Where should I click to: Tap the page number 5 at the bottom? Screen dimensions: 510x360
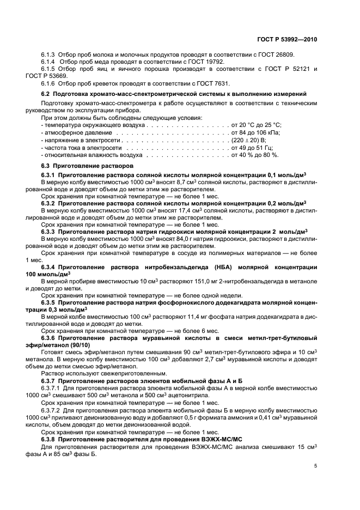pyautogui.click(x=316, y=466)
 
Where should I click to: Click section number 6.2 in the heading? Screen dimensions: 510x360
pyautogui.click(x=46, y=94)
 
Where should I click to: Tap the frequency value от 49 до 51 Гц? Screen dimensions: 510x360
pyautogui.click(x=252, y=148)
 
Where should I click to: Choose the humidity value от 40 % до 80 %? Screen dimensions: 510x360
pyautogui.click(x=255, y=155)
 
